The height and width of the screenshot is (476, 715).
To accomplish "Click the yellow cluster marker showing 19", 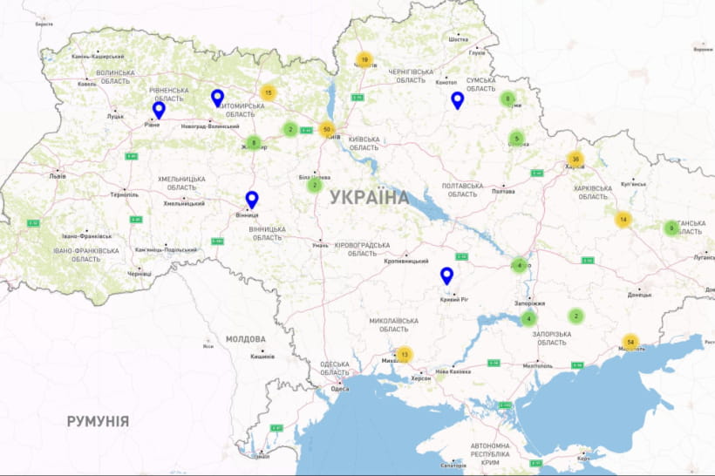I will [x=364, y=60].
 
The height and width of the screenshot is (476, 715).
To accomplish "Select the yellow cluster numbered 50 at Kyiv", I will [x=327, y=130].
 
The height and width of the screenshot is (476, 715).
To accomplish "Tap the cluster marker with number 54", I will [x=630, y=342].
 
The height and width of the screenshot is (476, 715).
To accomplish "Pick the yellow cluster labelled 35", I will [x=575, y=160].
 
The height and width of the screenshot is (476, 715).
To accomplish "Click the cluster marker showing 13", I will [x=404, y=355].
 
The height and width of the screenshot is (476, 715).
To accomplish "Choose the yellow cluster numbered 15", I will [x=268, y=92].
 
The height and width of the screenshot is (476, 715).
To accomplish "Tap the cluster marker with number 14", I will [x=623, y=220].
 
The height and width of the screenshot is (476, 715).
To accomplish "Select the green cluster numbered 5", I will [x=516, y=138].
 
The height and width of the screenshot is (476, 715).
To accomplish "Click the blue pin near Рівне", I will [x=159, y=110].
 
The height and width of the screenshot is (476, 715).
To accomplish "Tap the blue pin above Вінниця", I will [x=252, y=200].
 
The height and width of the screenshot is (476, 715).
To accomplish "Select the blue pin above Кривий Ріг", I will [x=447, y=276].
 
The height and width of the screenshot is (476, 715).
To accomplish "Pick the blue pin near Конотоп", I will [x=458, y=100].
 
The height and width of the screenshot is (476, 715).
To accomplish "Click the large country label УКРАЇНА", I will [x=370, y=197].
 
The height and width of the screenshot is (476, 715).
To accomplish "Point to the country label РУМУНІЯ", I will [x=98, y=421].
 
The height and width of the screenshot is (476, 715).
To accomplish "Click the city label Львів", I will [x=57, y=174].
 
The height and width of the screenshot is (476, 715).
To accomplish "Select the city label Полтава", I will [x=503, y=191].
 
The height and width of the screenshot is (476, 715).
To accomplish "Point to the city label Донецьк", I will [x=639, y=295].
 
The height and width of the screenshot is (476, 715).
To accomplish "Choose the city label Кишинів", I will [x=262, y=356].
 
